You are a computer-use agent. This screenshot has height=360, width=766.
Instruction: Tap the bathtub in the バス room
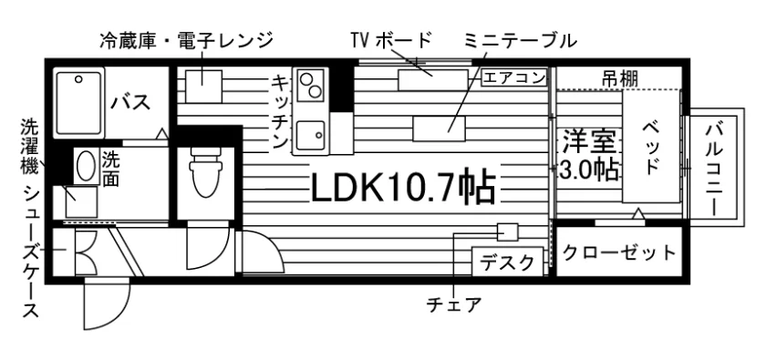(78, 103)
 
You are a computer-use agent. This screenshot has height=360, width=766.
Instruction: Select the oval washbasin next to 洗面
(86, 165)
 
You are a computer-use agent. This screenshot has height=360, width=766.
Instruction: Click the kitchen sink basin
(310, 137)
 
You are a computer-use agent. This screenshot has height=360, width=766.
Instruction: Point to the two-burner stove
(310, 85)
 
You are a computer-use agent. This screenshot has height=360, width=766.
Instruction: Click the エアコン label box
(514, 78)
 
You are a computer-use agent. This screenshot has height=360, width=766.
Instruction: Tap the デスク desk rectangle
(507, 262)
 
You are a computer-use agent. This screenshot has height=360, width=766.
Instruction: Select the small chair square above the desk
(508, 231)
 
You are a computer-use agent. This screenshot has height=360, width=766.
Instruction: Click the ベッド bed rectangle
(651, 147)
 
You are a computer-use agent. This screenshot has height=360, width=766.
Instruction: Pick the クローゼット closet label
(619, 253)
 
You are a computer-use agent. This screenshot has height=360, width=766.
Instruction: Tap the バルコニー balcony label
(717, 168)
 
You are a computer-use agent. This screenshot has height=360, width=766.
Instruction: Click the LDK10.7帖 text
(403, 188)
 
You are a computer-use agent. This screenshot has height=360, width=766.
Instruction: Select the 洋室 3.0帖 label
(589, 154)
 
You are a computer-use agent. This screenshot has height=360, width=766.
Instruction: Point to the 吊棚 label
(619, 78)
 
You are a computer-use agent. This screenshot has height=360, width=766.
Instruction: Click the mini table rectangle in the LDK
(440, 129)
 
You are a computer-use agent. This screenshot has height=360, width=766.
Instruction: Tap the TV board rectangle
(433, 80)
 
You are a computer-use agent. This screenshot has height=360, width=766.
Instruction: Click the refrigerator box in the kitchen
(203, 87)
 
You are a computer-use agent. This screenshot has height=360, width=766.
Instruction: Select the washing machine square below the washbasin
(82, 201)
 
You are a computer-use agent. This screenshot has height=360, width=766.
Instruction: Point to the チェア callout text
(454, 305)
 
